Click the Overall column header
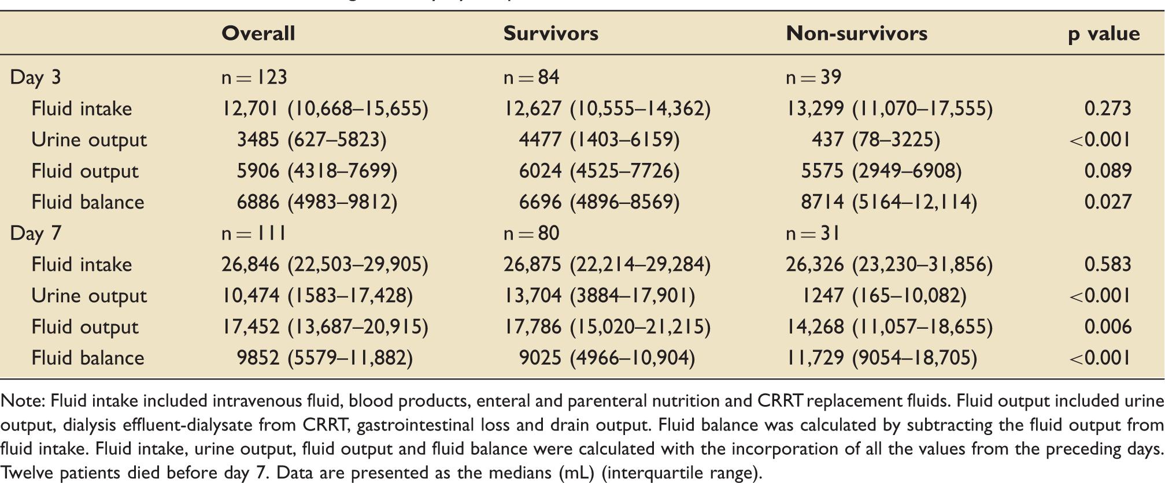(x=258, y=33)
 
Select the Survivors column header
(x=550, y=33)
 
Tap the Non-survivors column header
(x=856, y=33)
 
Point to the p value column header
(x=1104, y=34)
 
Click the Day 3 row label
(x=35, y=77)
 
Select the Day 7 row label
(x=35, y=233)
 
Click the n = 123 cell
(x=254, y=77)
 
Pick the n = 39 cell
(x=813, y=77)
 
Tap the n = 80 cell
(x=531, y=233)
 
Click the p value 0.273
(x=1108, y=108)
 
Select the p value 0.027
(x=1108, y=202)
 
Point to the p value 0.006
(x=1108, y=326)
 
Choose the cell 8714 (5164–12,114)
(x=889, y=202)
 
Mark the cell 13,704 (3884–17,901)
(x=599, y=296)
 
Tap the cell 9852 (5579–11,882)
(x=325, y=358)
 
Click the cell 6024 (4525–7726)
(x=599, y=171)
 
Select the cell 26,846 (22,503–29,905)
(x=325, y=265)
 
